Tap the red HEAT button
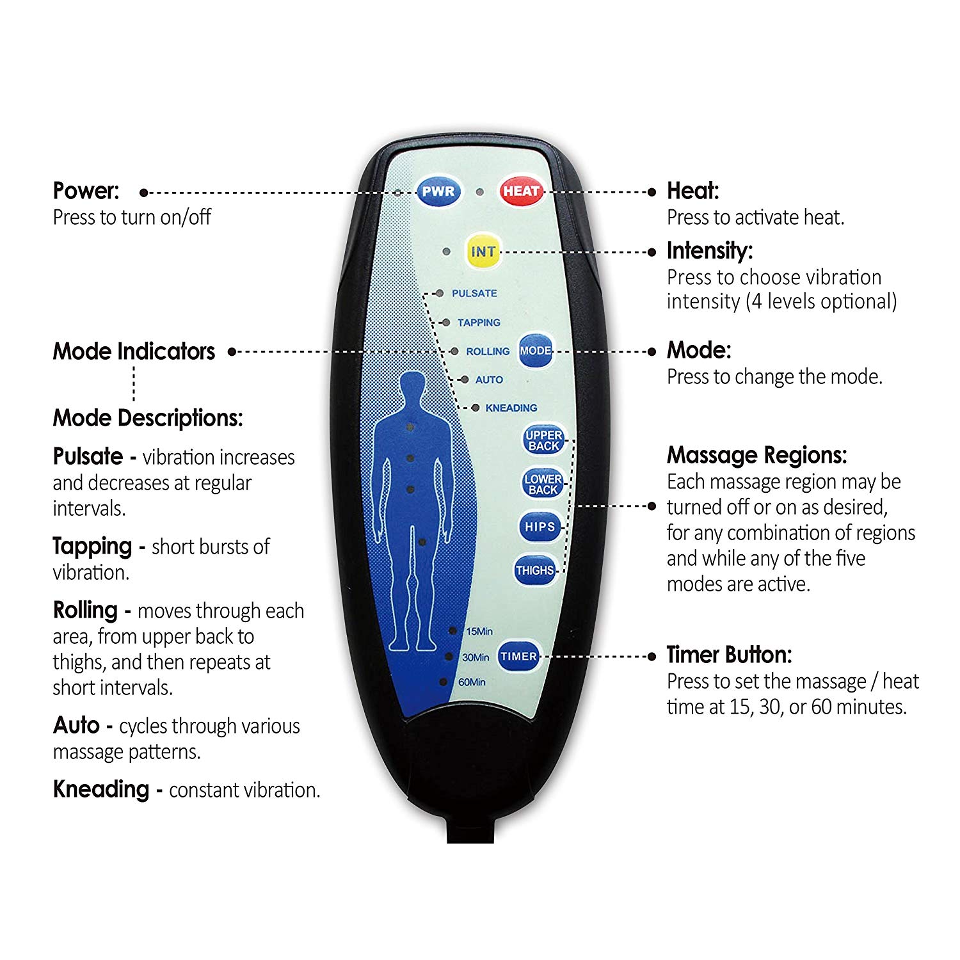(x=520, y=191)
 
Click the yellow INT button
(x=483, y=252)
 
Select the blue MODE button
(x=535, y=351)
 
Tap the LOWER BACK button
(x=543, y=484)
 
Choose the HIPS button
(x=540, y=527)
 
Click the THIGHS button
(x=534, y=570)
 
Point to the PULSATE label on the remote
(x=474, y=293)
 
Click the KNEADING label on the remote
(x=511, y=408)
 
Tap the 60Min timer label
(x=472, y=682)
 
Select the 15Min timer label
(x=479, y=632)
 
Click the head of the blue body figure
(x=412, y=389)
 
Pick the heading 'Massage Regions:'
(x=756, y=455)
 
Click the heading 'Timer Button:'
(x=729, y=655)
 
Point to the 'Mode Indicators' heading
(x=134, y=351)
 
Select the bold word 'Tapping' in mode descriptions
(x=92, y=546)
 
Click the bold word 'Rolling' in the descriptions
(x=85, y=610)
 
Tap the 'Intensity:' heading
(x=709, y=250)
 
